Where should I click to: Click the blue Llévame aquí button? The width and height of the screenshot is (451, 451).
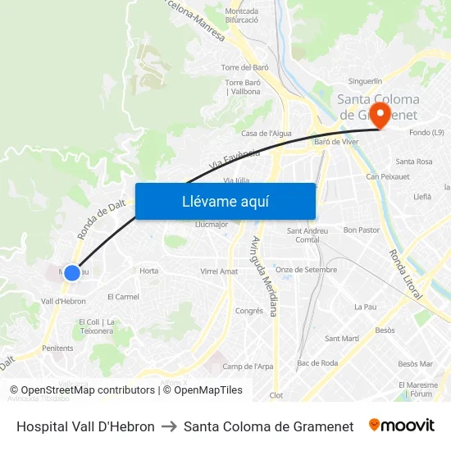tap(225, 201)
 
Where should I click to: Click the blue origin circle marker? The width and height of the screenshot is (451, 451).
tap(72, 272)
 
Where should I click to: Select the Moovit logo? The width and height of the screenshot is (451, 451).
tap(401, 426)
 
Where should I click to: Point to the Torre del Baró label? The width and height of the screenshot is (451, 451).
tap(245, 67)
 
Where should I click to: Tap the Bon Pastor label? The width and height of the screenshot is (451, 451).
tap(361, 230)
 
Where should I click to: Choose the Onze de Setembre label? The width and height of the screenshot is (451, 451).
tap(306, 269)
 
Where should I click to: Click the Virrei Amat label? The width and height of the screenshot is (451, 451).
tap(219, 271)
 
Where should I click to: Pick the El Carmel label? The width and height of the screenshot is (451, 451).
tap(124, 297)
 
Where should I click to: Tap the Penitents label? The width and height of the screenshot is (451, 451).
tap(57, 348)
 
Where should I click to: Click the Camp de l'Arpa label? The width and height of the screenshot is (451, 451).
tap(248, 367)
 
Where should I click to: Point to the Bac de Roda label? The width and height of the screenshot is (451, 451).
tap(317, 362)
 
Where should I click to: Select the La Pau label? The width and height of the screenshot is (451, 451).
tap(364, 307)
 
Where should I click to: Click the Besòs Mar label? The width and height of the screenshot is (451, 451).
tap(415, 363)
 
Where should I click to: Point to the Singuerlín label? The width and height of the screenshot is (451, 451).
tap(365, 81)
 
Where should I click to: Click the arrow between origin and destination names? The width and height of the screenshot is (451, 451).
tap(169, 426)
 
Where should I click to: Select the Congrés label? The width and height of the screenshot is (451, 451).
tap(249, 311)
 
